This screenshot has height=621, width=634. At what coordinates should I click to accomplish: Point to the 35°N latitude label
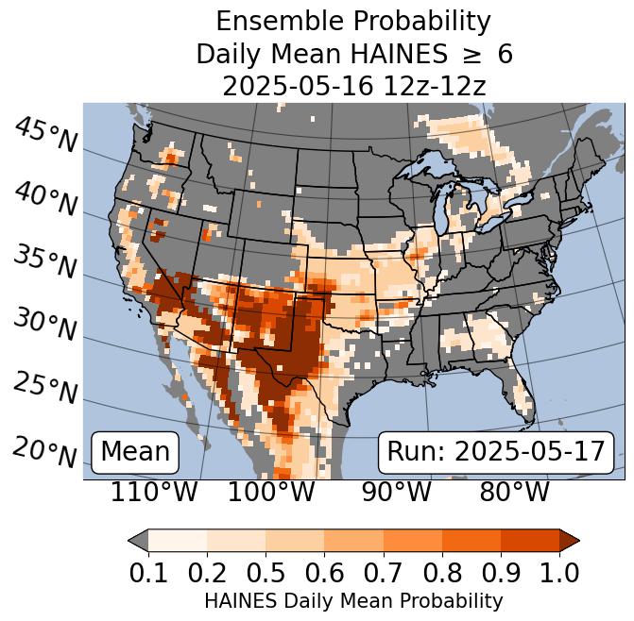[x=45, y=261]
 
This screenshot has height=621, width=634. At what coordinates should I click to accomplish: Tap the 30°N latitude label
[x=45, y=326]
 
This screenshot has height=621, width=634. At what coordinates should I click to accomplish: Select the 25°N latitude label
[x=45, y=388]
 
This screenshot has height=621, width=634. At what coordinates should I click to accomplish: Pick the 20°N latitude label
[x=45, y=451]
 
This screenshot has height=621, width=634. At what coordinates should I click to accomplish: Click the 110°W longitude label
[x=154, y=492]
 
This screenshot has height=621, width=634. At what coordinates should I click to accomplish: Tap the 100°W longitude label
[x=271, y=492]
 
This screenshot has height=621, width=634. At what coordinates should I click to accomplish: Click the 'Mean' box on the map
[x=135, y=452]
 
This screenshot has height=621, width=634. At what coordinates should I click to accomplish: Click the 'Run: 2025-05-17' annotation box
[x=495, y=452]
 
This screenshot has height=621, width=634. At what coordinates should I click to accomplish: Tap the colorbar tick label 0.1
[x=148, y=572]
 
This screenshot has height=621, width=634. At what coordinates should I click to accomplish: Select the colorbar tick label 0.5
[x=266, y=572]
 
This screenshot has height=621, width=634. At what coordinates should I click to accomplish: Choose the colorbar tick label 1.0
[x=559, y=572]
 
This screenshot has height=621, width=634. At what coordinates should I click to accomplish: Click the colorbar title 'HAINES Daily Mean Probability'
[x=353, y=600]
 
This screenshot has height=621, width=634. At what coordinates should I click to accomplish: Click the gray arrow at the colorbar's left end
[x=138, y=540]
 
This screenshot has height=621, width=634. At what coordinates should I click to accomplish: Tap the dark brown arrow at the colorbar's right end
[x=570, y=540]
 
